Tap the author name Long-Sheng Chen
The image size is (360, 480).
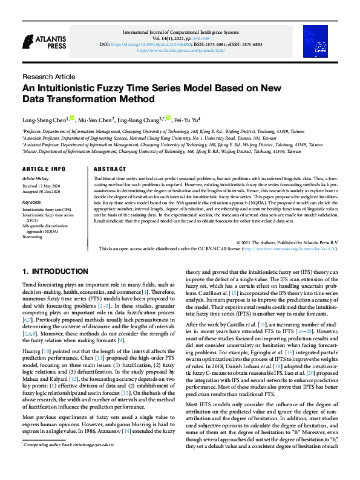pyautogui.click(x=44, y=120)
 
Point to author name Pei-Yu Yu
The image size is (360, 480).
pyautogui.click(x=191, y=120)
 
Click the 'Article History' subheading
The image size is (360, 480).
pyautogui.click(x=36, y=179)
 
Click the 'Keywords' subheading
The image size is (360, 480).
pyautogui.click(x=31, y=202)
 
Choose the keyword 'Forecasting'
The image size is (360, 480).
pyautogui.click(x=33, y=237)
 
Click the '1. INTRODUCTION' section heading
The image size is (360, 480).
pyautogui.click(x=55, y=271)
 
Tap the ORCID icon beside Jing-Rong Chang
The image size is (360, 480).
pyautogui.click(x=169, y=118)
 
